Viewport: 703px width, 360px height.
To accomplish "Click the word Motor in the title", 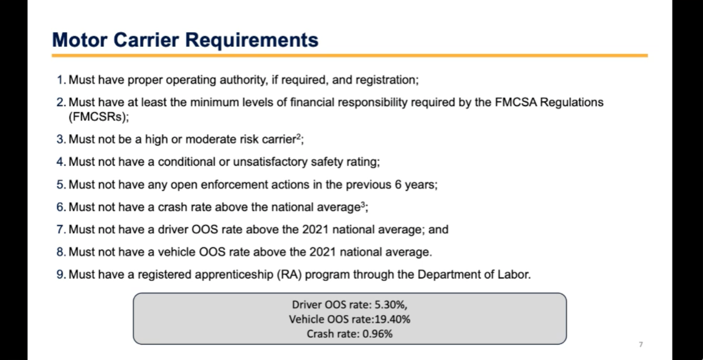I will click(79, 40).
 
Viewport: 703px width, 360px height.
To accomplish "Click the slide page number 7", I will click(640, 344).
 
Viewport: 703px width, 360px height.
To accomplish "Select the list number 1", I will click(61, 80).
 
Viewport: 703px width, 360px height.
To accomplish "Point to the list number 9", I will click(61, 274).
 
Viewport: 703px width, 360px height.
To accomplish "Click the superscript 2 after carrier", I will click(298, 137).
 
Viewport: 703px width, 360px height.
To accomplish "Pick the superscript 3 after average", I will click(363, 204).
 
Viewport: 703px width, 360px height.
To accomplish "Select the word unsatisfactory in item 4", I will click(270, 162).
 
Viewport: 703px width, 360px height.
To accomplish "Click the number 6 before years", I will click(398, 185).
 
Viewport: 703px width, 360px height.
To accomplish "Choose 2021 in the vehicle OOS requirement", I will click(323, 252).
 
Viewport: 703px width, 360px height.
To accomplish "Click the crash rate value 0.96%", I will click(377, 334).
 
